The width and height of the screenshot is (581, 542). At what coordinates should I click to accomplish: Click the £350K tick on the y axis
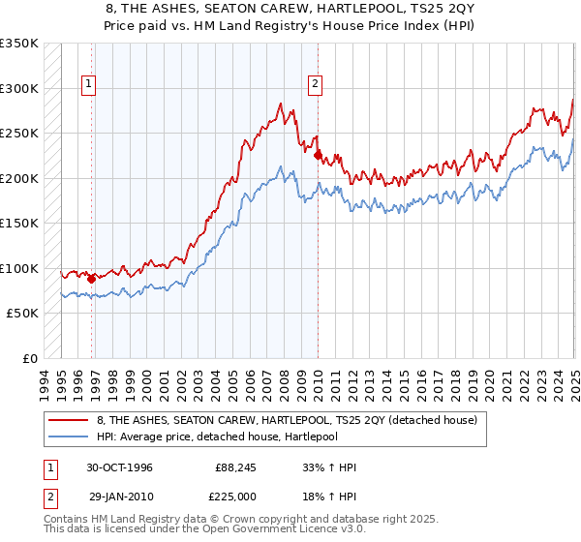point(19,44)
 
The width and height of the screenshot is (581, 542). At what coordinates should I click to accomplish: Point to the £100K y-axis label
point(19,268)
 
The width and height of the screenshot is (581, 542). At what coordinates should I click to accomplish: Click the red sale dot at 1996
point(92,279)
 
